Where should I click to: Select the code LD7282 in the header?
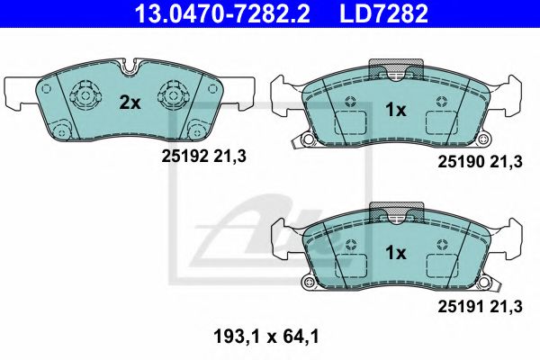pyautogui.click(x=383, y=13)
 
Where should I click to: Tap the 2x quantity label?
pyautogui.click(x=130, y=103)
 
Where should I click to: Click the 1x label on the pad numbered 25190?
pyautogui.click(x=396, y=110)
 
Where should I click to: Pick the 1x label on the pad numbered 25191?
pyautogui.click(x=396, y=253)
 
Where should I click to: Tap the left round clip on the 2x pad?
pyautogui.click(x=84, y=93)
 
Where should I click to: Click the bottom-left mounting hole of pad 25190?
pyautogui.click(x=308, y=139)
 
